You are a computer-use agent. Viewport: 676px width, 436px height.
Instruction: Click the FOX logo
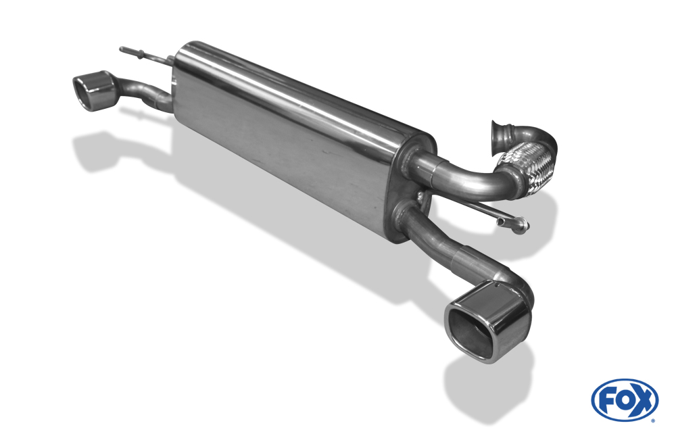point(625,399)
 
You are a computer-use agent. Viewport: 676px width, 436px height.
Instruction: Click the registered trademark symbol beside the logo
point(653,420)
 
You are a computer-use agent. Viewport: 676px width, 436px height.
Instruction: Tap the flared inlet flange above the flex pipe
point(499,135)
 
